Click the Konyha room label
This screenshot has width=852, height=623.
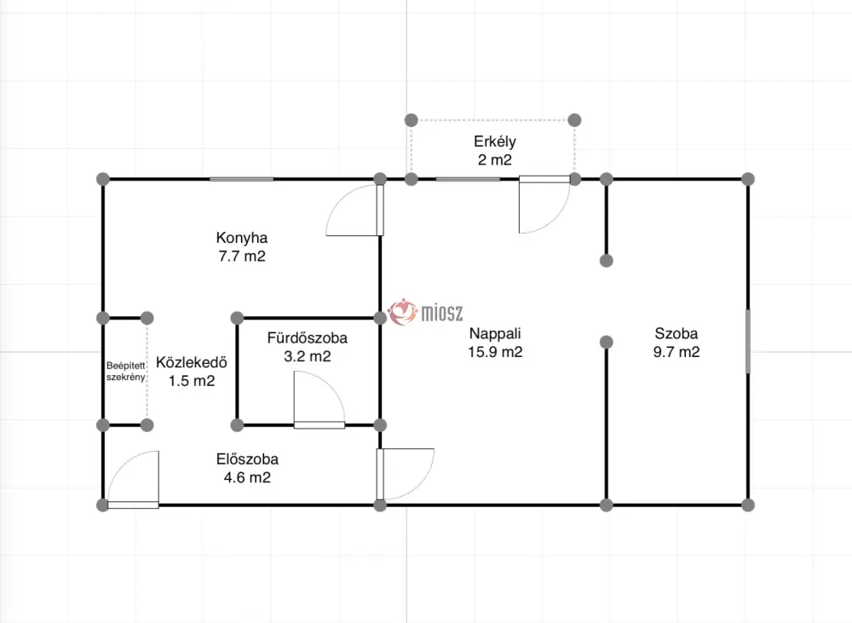coord(242,238)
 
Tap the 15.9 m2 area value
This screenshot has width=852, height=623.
coord(495,352)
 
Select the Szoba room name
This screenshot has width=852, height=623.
coord(676,333)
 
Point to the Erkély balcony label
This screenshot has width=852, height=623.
coord(494,141)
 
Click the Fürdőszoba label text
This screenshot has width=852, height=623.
coord(307,337)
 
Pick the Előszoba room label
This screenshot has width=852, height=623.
coord(247,459)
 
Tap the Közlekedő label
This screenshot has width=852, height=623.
coord(191,362)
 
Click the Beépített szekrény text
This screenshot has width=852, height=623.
coord(125,372)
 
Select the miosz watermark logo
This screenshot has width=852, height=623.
coord(425,313)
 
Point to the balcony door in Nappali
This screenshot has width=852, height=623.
coord(544,205)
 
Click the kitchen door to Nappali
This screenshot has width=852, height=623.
coord(354,211)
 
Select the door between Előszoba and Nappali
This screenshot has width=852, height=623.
coord(406,474)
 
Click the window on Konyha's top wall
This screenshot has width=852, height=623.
coord(242,179)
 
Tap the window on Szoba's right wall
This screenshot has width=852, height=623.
coord(748,342)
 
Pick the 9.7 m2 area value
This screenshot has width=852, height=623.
coord(676,352)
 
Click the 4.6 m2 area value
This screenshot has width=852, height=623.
coord(247,477)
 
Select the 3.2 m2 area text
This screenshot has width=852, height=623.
coord(307,356)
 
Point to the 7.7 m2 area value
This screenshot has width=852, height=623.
coord(242,256)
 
